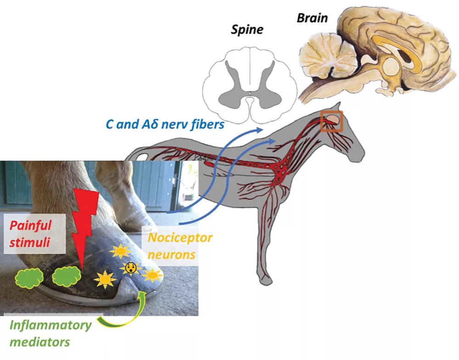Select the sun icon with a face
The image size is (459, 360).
click(x=130, y=267)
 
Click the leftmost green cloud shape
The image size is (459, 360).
click(x=28, y=278)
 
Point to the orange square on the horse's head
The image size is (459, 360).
click(x=331, y=121)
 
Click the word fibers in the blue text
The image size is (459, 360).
click(x=207, y=124)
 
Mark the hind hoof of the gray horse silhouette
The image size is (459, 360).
click(x=265, y=281)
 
